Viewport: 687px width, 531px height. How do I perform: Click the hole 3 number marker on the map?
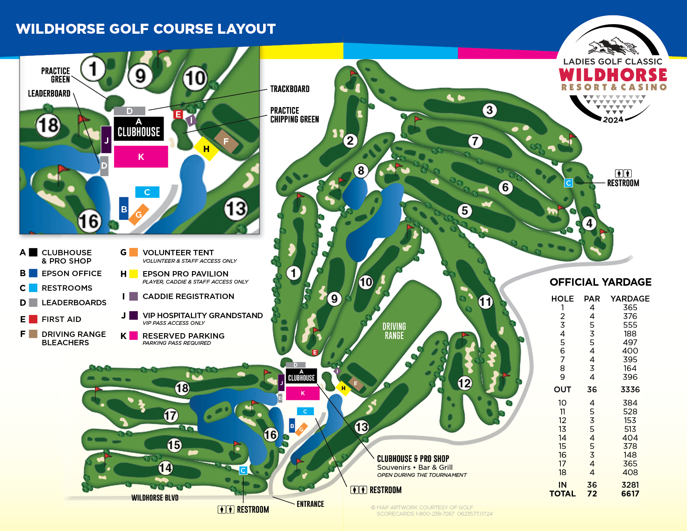[490, 110]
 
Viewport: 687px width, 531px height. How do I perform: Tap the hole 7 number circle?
[475, 141]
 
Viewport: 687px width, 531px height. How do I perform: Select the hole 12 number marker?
[465, 383]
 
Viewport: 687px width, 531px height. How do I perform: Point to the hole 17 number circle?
[171, 415]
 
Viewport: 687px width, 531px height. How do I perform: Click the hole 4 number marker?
[589, 223]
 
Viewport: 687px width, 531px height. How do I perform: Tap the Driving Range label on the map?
[394, 331]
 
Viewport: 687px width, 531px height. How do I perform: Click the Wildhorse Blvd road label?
[155, 498]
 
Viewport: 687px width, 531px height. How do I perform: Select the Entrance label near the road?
[310, 504]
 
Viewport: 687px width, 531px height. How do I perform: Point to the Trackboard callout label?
[290, 89]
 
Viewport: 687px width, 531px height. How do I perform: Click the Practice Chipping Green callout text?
[294, 115]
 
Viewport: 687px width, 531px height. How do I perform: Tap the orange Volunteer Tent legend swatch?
[134, 252]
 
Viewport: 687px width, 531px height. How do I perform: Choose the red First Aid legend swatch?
[33, 319]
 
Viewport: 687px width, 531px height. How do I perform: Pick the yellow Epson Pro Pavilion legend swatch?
[134, 274]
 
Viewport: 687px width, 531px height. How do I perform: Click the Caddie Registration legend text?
[188, 297]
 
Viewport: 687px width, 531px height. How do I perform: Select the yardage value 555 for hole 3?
[630, 325]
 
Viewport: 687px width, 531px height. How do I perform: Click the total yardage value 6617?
[630, 494]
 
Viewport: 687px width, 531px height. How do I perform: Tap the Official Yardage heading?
[600, 282]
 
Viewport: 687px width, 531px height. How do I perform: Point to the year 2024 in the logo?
[613, 120]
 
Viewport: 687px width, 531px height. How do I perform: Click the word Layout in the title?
[246, 29]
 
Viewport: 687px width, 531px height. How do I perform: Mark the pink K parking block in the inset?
[141, 157]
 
